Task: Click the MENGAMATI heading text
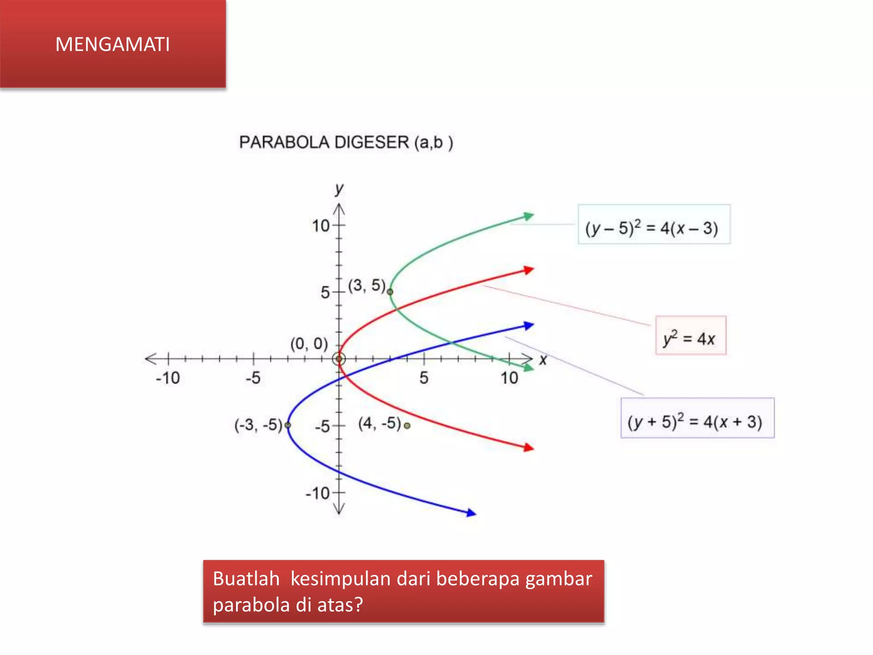(x=113, y=44)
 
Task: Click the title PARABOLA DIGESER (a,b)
(x=346, y=142)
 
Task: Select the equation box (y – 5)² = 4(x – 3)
(x=653, y=225)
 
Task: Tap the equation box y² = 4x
(x=690, y=336)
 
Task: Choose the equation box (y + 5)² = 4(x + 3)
(x=697, y=418)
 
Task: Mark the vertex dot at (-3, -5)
(x=288, y=425)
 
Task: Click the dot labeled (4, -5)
(x=407, y=426)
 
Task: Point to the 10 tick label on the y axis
(x=321, y=226)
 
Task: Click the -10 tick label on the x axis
(x=168, y=378)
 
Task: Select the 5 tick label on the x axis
(x=424, y=378)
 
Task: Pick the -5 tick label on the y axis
(x=322, y=426)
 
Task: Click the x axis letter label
(x=543, y=360)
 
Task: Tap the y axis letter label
(x=339, y=188)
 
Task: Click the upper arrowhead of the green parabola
(x=529, y=216)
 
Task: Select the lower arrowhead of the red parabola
(x=529, y=447)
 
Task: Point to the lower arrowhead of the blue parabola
(x=471, y=513)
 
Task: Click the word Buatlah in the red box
(x=246, y=579)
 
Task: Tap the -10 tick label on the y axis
(x=318, y=493)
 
